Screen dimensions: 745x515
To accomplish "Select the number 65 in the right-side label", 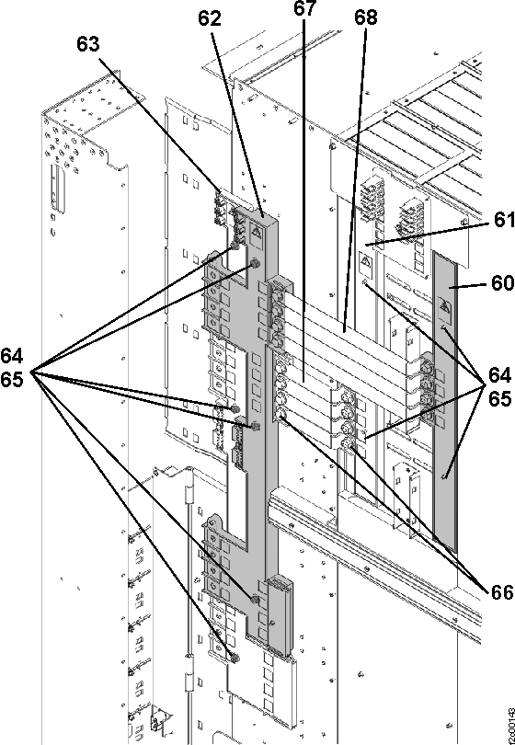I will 498,400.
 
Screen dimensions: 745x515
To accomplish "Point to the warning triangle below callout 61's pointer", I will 365,268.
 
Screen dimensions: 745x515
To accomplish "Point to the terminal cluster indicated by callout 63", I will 222,207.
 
